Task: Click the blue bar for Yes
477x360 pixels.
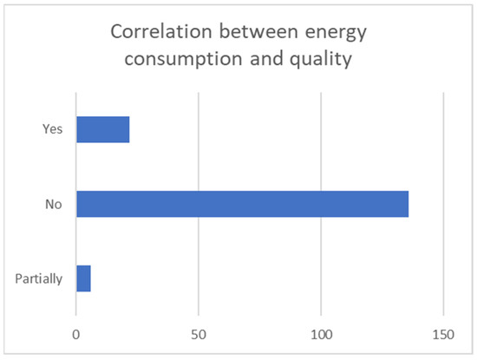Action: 102,129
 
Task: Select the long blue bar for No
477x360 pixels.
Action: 242,204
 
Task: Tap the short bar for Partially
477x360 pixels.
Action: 83,278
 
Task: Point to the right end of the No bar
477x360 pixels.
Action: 408,204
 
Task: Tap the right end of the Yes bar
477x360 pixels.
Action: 128,129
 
